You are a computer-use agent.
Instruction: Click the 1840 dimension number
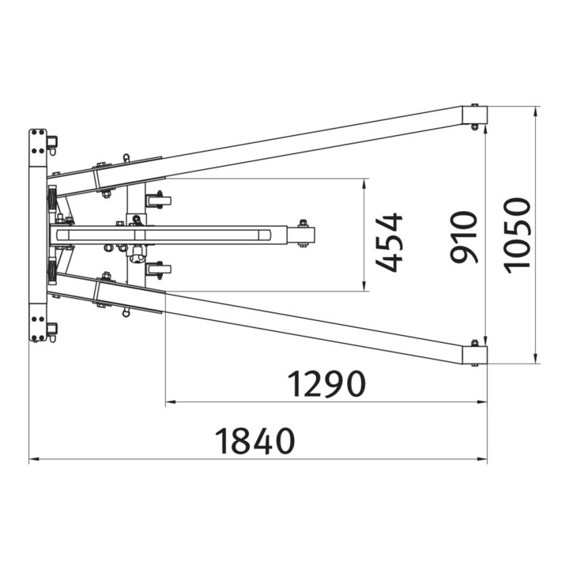[254, 441]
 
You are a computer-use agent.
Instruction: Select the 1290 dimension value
[326, 383]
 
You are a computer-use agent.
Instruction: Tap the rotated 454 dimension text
[390, 243]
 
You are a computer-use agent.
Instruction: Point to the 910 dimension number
[463, 237]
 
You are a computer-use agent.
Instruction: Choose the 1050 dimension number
[517, 236]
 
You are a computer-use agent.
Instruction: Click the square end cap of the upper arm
[474, 115]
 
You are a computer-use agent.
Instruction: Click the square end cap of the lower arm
[474, 356]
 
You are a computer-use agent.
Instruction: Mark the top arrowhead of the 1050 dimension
[536, 111]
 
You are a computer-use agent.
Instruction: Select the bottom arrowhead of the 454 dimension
[363, 287]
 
